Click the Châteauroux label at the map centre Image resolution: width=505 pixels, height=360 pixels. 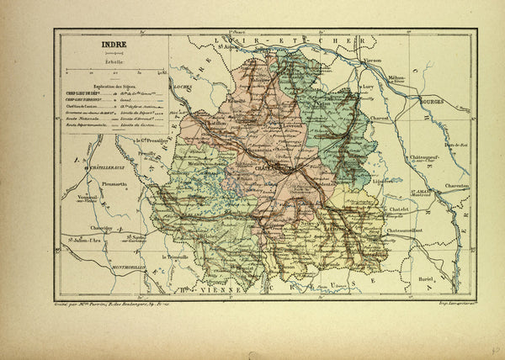[x=269, y=170]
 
